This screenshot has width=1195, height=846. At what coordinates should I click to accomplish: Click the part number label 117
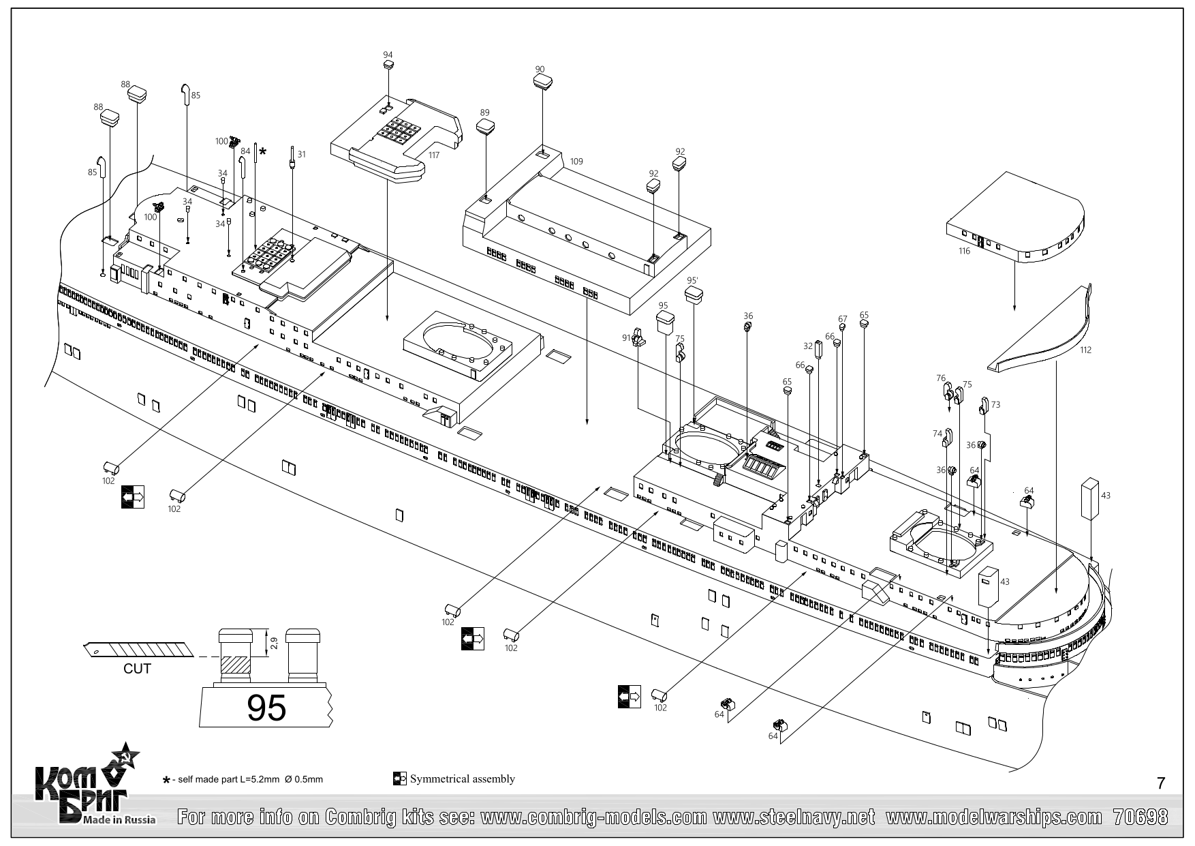click(x=434, y=155)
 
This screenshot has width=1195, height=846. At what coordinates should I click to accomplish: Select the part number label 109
click(x=576, y=162)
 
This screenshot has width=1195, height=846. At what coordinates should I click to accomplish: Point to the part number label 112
click(x=1085, y=350)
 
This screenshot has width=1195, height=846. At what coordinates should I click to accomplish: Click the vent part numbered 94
click(x=388, y=65)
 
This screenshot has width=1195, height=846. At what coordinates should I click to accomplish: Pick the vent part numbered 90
click(x=542, y=81)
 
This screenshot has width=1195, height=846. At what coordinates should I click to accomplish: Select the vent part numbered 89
click(x=484, y=126)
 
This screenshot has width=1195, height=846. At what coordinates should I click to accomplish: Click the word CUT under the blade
click(x=137, y=669)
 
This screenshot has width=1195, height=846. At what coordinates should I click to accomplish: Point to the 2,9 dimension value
click(x=274, y=642)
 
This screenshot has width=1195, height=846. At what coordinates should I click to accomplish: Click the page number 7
click(x=1161, y=783)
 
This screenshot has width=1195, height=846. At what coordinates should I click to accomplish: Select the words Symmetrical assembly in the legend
click(x=462, y=779)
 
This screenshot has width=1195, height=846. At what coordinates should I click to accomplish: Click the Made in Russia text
click(x=119, y=819)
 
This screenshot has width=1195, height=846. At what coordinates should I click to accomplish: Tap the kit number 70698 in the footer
click(x=1140, y=817)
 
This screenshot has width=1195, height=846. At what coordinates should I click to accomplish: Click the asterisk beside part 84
click(x=263, y=151)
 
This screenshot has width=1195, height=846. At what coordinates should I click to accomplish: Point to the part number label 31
click(x=301, y=155)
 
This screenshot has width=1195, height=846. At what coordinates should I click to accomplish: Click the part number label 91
click(x=626, y=337)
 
